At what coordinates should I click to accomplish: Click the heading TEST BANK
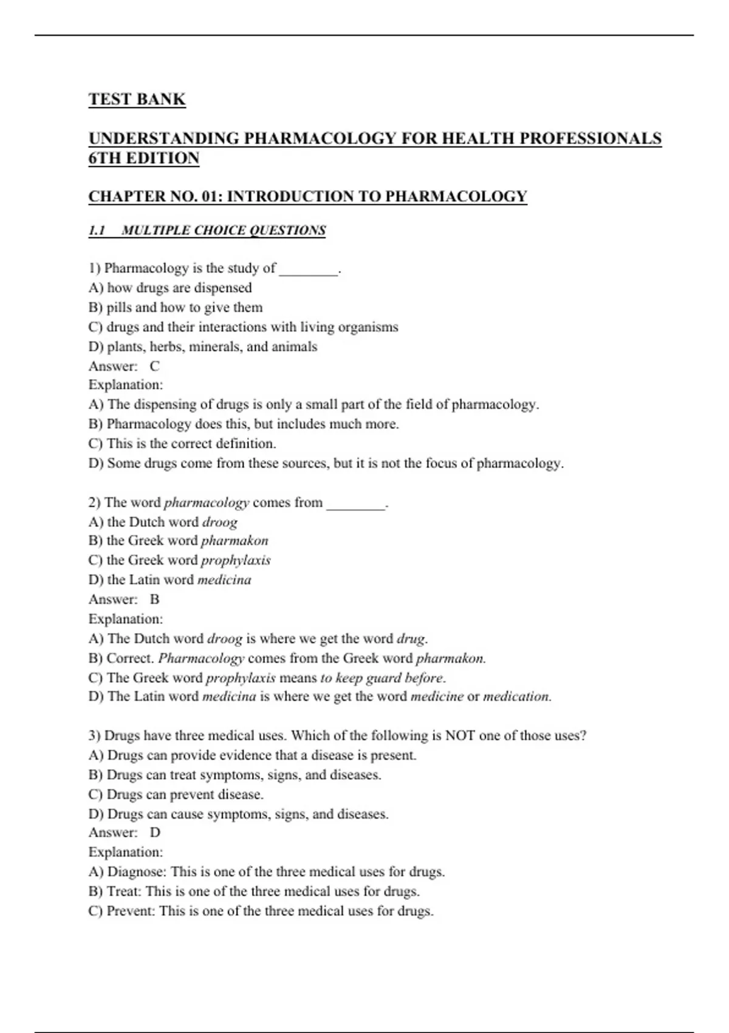click(x=137, y=99)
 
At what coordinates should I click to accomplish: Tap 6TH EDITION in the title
click(x=144, y=158)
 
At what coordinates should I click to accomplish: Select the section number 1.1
click(x=97, y=230)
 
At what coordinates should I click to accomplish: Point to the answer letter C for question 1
click(x=155, y=366)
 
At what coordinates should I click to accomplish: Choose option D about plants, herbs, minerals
click(x=203, y=347)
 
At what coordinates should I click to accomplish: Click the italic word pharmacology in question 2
click(x=207, y=503)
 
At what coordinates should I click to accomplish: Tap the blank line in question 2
click(x=355, y=504)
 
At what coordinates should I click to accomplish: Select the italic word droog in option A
click(x=219, y=522)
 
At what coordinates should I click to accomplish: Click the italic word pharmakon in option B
click(x=234, y=541)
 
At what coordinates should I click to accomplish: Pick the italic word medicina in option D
click(x=224, y=580)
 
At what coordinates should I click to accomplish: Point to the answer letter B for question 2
click(x=155, y=599)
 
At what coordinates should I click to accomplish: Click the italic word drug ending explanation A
click(x=411, y=639)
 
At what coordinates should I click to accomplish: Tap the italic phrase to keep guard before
click(x=382, y=678)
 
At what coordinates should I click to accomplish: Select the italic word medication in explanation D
click(x=516, y=696)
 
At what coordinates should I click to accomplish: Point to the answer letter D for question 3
click(x=155, y=832)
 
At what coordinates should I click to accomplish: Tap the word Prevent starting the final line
click(x=131, y=911)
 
